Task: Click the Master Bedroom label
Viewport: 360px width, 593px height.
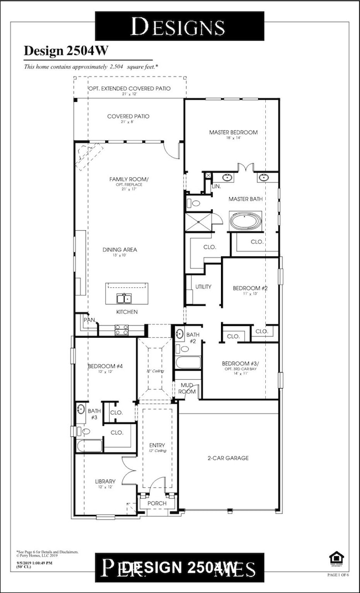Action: click(233, 132)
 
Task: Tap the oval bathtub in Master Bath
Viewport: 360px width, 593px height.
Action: click(246, 221)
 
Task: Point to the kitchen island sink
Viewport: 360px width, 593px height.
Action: click(124, 299)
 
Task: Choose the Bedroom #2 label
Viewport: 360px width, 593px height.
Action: click(250, 288)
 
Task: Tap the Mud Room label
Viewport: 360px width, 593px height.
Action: click(187, 388)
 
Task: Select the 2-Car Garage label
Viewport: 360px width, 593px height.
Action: click(228, 458)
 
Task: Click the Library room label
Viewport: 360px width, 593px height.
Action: click(105, 482)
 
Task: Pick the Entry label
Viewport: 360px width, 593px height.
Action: click(157, 445)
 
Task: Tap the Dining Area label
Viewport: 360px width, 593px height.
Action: click(119, 250)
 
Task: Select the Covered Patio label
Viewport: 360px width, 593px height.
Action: click(128, 116)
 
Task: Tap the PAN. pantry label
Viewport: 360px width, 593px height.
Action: click(88, 320)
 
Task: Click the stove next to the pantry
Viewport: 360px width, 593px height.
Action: click(121, 330)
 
